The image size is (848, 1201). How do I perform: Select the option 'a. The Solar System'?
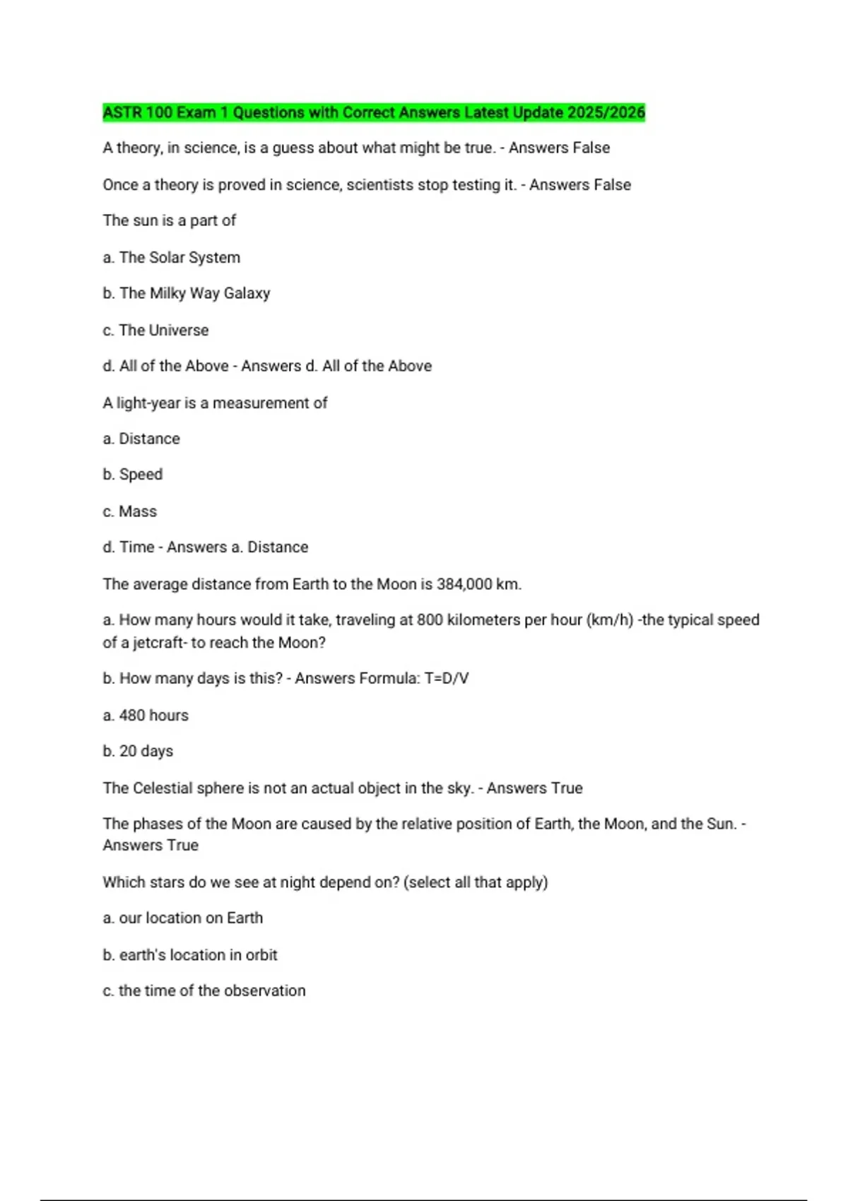172,258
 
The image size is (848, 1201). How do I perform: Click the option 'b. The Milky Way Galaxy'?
187,293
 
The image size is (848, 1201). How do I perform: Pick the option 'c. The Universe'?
155,331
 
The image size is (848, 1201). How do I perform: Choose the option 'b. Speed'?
133,475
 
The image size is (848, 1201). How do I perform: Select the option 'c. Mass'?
130,511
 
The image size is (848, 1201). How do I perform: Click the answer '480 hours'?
153,716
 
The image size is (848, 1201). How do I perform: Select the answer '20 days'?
146,751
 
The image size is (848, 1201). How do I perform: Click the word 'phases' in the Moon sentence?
158,824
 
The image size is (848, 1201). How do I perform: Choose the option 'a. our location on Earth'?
183,918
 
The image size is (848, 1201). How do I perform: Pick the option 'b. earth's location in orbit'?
190,955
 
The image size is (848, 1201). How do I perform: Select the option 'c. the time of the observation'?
204,991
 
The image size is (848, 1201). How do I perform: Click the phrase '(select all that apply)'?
476,882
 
